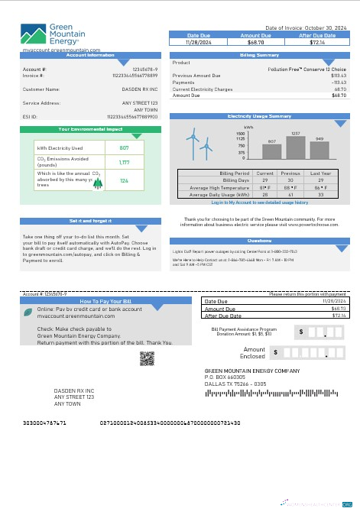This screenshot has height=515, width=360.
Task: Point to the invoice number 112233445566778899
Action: tap(135, 76)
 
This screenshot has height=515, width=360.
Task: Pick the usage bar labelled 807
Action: tap(272, 151)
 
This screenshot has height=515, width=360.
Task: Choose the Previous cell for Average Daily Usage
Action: tap(290, 195)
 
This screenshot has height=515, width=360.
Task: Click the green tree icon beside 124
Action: tap(97, 181)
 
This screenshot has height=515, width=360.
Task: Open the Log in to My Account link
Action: tap(260, 202)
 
